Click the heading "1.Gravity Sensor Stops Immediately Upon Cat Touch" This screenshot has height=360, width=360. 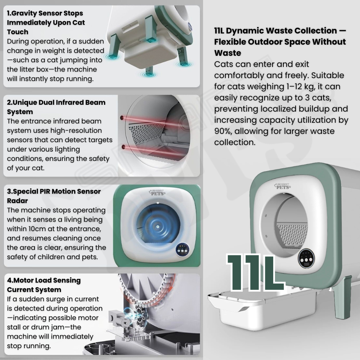(46, 22)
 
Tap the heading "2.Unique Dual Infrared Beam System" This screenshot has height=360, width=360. (56, 107)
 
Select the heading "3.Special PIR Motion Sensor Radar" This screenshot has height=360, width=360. (54, 196)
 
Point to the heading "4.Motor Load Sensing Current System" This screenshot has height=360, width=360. (44, 285)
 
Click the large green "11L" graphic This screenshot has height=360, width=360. (255, 273)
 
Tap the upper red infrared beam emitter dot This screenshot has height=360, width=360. (122, 118)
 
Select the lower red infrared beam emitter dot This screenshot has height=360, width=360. (123, 147)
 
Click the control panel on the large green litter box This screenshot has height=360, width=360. (306, 258)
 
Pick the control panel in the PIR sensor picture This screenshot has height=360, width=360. (183, 249)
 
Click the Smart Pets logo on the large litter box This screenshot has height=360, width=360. (282, 186)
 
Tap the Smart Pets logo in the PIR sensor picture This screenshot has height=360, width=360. (157, 192)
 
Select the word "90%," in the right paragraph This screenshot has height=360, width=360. (223, 131)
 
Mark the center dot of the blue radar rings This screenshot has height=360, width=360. (158, 226)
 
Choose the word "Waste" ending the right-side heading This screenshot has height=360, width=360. (228, 53)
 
